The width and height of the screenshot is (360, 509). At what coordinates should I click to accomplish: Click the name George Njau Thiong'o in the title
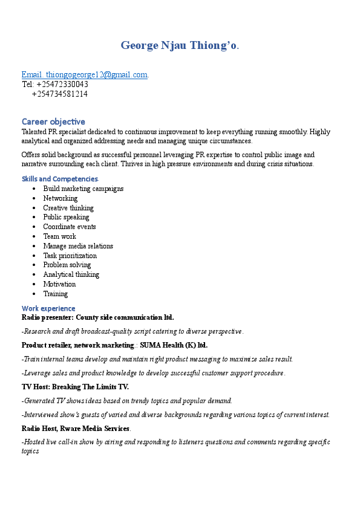coord(179,45)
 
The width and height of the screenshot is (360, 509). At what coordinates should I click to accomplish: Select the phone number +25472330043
coord(62,84)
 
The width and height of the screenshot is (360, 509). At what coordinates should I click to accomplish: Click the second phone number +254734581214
coord(59,94)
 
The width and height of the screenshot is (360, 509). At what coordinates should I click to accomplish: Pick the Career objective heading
coord(53,122)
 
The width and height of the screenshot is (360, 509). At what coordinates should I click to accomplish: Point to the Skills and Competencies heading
coord(60,179)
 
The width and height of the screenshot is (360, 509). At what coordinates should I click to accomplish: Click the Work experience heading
coord(48,308)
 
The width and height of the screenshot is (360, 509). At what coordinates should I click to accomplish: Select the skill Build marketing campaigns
coord(83,189)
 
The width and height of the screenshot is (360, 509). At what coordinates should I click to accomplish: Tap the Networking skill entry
coord(60,198)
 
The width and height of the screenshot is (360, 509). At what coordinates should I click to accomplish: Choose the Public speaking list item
coord(66,217)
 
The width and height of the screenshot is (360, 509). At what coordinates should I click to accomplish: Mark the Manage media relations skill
coord(78,246)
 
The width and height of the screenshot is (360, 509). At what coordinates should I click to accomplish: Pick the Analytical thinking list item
coord(71,274)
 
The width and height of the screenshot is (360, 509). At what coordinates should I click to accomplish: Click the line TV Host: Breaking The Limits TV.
coord(75,387)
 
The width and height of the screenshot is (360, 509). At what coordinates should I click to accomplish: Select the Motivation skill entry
coord(59,284)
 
